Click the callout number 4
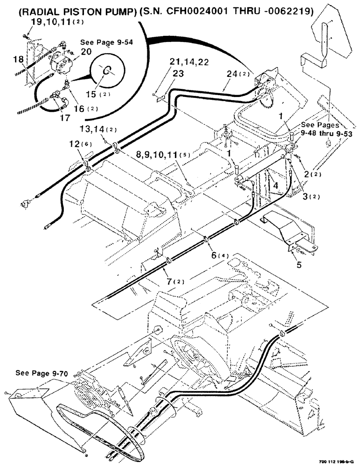pos(276,185)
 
